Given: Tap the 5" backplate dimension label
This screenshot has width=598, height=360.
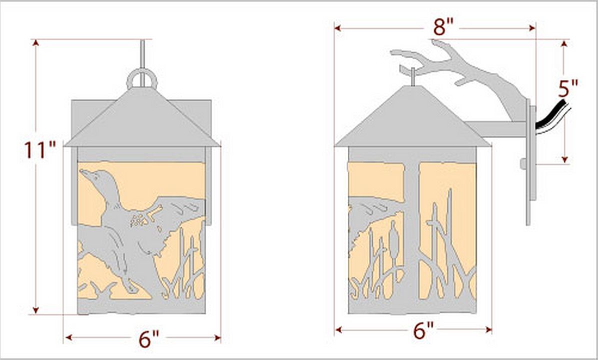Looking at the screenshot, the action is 568,88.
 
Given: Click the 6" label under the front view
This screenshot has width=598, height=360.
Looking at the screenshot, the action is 148,338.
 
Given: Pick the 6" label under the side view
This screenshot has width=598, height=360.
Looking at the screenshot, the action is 423,330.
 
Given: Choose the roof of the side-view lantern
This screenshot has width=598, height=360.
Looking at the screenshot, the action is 413,118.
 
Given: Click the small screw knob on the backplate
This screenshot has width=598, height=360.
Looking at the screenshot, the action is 523,164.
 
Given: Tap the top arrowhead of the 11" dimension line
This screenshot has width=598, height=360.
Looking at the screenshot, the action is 36,42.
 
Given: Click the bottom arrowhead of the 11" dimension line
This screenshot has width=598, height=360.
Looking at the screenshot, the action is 36,310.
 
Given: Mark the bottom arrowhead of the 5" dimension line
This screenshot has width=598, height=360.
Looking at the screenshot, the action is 565,159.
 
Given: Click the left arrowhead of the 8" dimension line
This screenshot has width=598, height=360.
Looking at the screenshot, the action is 337,28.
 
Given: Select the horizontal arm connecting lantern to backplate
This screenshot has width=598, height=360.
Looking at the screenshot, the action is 496,129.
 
